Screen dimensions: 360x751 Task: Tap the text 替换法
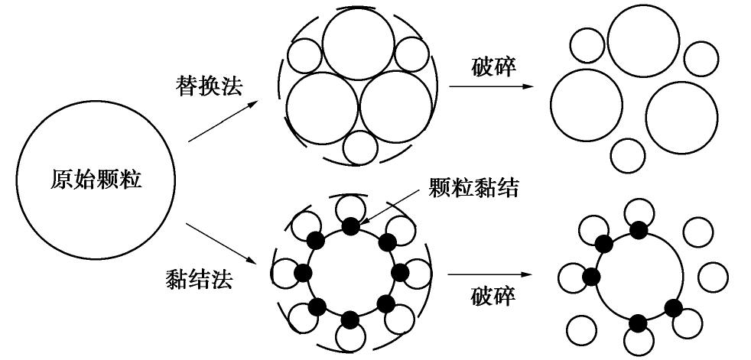tap(207, 85)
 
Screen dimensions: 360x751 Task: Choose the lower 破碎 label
tap(493, 297)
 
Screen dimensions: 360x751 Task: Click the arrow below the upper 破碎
tap(490, 86)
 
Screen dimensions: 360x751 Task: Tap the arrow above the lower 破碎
tap(490, 274)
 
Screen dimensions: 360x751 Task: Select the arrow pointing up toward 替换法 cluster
tap(222, 122)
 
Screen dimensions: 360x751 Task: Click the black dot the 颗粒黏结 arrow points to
tap(350, 226)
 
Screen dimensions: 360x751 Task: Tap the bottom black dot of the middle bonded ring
tap(350, 319)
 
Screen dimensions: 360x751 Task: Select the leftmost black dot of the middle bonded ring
tap(304, 273)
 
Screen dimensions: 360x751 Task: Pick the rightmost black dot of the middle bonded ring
tap(398, 272)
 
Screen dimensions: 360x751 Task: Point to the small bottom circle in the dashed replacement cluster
tap(359, 148)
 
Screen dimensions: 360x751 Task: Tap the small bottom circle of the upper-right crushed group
tap(628, 155)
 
